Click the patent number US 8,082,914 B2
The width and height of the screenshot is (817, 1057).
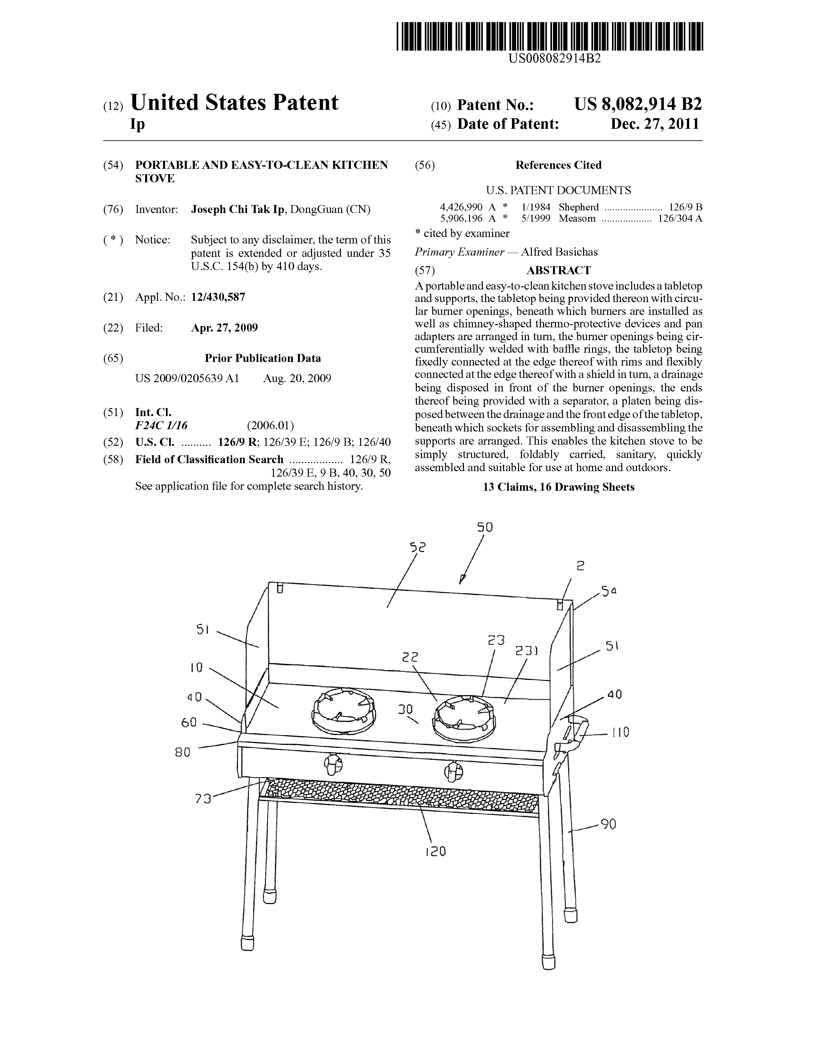(x=638, y=104)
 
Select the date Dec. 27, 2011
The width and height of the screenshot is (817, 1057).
(x=655, y=124)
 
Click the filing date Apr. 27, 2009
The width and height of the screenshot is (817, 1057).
(x=225, y=328)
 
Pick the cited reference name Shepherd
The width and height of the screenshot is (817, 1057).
(x=578, y=207)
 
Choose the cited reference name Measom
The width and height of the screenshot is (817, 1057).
(x=577, y=218)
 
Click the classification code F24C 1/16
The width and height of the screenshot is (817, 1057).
(x=161, y=425)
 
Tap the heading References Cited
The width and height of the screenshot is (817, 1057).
(x=558, y=165)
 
